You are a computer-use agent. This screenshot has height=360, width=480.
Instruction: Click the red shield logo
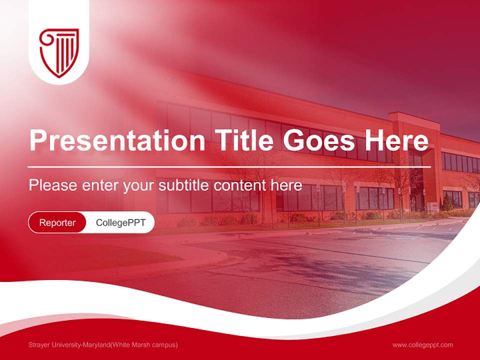[59, 52]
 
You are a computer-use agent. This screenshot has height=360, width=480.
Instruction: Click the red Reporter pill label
[57, 222]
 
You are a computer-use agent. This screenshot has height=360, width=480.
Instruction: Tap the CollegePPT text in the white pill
[120, 222]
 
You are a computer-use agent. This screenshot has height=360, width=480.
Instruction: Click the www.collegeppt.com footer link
[422, 344]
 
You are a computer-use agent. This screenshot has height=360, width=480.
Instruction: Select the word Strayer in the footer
[39, 344]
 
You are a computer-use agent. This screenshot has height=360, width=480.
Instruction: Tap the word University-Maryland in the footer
[80, 344]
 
